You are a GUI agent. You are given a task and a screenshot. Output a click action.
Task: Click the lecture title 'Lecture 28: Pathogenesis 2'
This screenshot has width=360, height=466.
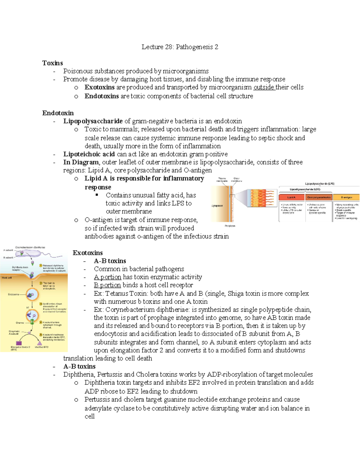coord(180,47)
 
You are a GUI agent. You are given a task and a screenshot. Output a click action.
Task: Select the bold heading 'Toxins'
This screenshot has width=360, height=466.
coord(52,63)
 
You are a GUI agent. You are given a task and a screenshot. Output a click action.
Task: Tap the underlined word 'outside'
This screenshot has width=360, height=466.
coord(264,87)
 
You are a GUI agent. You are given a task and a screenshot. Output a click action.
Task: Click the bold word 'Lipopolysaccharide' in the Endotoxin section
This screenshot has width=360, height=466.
coord(93,121)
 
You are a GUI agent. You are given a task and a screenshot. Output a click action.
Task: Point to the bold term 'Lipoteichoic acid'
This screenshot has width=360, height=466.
coord(89,154)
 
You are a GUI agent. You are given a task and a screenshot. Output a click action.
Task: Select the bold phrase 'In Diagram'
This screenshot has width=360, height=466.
coord(81,162)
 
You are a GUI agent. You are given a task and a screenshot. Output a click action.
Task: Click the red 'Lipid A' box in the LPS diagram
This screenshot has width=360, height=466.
coord(291,197)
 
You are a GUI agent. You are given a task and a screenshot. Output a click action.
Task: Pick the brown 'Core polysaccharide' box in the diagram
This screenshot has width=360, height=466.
coord(319,197)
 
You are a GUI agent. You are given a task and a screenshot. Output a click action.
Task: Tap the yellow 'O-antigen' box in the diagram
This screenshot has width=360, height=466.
coord(346,197)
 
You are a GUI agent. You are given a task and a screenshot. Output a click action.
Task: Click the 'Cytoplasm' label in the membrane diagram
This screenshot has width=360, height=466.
coord(217,206)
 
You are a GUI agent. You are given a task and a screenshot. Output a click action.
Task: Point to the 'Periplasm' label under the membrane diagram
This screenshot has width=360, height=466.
coord(230,226)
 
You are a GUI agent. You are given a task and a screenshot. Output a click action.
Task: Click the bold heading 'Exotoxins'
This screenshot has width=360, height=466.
coord(88,253)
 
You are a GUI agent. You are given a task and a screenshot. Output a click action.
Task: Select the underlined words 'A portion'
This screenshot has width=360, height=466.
coord(107,277)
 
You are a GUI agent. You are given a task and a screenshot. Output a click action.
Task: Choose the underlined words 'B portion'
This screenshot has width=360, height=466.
coord(107,285)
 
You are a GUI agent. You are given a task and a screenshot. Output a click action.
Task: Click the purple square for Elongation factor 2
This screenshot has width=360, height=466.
coord(19,343)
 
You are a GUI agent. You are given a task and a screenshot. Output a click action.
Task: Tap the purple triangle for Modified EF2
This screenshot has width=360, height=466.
coord(39,343)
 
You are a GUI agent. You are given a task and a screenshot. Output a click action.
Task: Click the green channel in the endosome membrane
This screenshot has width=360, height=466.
coord(32,322)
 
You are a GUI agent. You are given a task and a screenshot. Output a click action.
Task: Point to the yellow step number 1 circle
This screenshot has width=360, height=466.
coord(41,266)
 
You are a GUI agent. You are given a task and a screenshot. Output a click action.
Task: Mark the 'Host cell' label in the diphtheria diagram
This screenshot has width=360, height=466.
coord(7,278)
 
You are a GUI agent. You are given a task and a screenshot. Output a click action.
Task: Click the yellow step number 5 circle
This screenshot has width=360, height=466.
coord(41,335)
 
